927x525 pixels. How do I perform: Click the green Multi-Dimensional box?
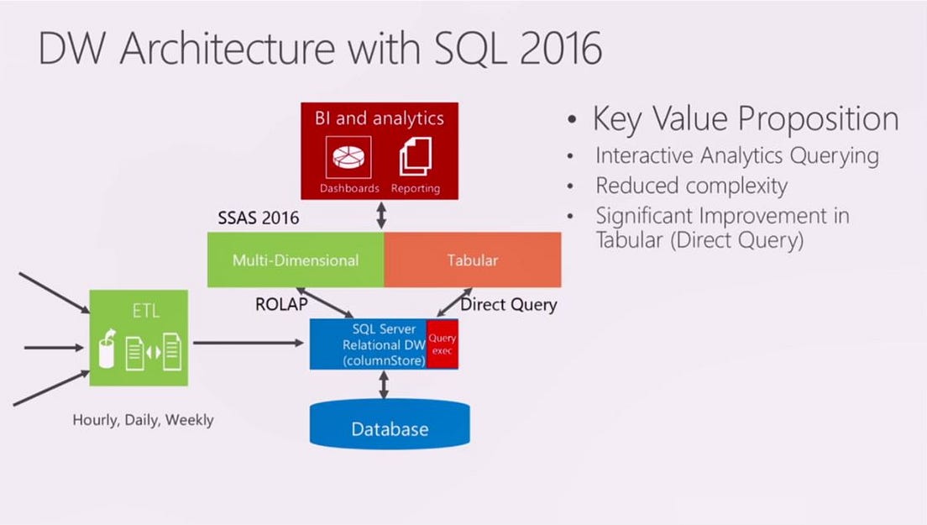point(296,260)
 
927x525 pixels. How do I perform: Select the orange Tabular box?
point(473,260)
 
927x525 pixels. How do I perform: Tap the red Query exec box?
point(443,344)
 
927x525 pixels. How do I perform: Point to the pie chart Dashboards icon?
point(348,159)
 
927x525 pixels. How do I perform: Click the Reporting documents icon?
point(415,157)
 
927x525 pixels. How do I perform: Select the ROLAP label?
point(282,304)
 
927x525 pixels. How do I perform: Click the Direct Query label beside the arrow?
point(509,304)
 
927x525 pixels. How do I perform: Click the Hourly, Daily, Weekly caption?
point(143,419)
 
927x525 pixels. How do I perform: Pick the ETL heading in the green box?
point(144,312)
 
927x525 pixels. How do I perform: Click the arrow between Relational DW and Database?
point(384,385)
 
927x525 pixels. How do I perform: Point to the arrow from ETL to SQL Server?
point(248,343)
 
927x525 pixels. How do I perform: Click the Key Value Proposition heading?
point(746,118)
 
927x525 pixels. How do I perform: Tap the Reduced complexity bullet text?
point(691,185)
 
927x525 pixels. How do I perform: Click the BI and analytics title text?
point(380,118)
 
